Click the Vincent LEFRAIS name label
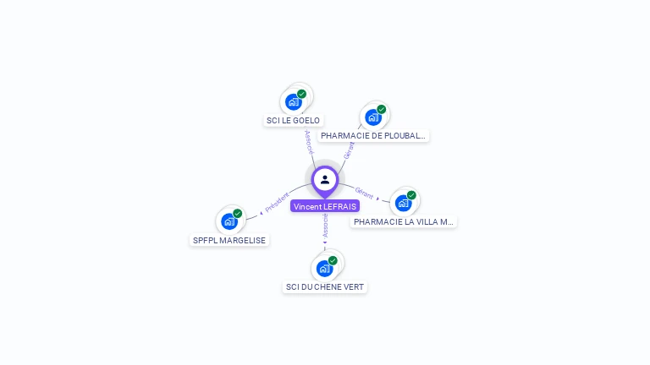325,206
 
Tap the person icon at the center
325,179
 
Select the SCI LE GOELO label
293,121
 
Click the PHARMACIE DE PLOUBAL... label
373,135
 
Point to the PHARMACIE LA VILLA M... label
404,221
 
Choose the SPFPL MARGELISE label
229,240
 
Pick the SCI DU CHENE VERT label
325,287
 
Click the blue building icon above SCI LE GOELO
293,102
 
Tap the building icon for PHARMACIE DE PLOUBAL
372,117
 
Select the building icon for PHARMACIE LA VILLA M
403,204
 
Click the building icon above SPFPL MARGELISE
229,221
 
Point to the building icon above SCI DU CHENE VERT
323,269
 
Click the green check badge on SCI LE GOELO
301,94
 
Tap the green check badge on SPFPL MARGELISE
238,213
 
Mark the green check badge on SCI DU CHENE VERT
333,260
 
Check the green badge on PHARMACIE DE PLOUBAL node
382,109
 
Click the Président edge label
277,201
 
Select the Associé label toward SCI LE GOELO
309,141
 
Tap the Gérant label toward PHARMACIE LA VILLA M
364,193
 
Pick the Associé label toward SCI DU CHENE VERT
325,224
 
